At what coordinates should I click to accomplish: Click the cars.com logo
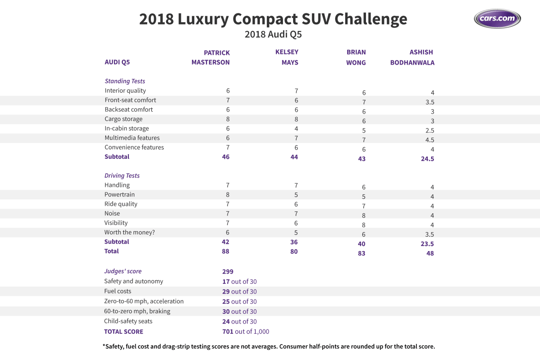click(497, 19)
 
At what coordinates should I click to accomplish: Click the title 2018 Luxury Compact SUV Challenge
click(273, 19)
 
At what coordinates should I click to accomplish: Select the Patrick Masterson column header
click(211, 58)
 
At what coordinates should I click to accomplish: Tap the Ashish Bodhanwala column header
click(412, 58)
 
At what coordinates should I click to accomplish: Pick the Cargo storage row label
click(123, 119)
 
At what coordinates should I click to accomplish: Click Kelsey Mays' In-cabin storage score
click(296, 129)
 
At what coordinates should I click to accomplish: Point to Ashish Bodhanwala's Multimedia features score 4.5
click(430, 140)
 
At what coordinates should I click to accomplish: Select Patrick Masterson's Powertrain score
click(228, 195)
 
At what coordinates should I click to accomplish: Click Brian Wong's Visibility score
click(364, 225)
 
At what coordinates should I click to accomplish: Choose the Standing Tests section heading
click(125, 81)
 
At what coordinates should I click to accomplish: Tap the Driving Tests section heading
click(122, 176)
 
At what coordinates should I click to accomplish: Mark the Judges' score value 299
click(228, 271)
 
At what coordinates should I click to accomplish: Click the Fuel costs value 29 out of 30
click(240, 292)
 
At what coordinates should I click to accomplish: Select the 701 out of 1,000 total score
click(246, 332)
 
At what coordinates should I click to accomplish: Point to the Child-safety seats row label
click(128, 321)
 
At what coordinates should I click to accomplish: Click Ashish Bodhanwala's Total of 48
click(430, 253)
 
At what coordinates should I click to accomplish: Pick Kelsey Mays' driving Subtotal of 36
click(294, 242)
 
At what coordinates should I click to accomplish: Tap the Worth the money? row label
click(129, 232)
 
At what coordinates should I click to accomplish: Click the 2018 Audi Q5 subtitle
click(273, 35)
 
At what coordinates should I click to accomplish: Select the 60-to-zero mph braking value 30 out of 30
click(240, 312)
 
